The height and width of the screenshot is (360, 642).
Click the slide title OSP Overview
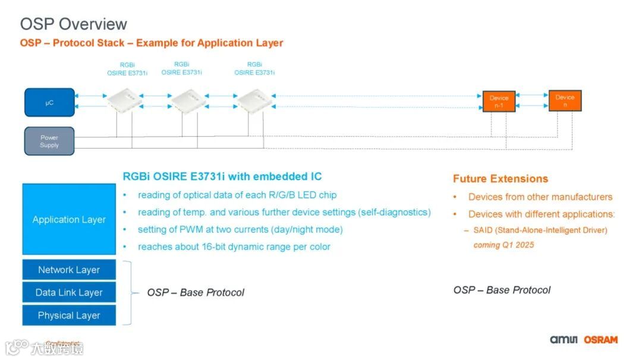pos(74,24)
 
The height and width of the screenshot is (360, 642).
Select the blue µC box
pos(49,103)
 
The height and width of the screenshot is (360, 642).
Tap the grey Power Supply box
pos(49,141)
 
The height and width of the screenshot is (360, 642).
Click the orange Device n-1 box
pos(499,102)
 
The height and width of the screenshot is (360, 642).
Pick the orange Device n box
pos(565,100)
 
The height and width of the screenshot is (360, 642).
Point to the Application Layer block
pos(69,219)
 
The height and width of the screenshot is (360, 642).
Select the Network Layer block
pos(69,270)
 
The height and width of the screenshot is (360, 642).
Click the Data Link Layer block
pos(69,292)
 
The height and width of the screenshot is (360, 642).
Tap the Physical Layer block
pos(69,315)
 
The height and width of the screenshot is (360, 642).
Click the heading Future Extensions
pos(500,179)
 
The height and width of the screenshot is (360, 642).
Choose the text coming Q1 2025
pos(503,245)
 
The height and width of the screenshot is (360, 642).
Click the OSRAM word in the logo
pos(600,340)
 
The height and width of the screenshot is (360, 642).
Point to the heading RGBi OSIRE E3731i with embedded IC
pos(222,176)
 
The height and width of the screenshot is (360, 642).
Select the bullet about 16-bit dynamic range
pos(234,247)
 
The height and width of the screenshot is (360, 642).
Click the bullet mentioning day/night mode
pos(240,229)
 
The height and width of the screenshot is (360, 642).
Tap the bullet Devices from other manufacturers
pos(540,197)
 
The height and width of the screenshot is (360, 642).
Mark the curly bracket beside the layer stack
pos(128,292)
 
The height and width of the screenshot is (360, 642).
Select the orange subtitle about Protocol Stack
pos(152,43)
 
